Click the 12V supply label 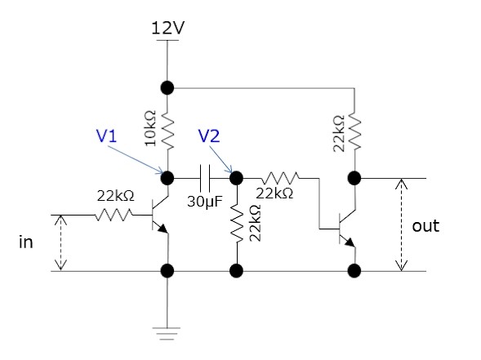point(167,28)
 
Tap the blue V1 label point(106,136)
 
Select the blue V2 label point(209,136)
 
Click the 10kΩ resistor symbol point(167,130)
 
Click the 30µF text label point(205,202)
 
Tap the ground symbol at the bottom point(167,333)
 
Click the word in point(26,242)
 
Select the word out point(425,226)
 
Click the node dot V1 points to point(167,178)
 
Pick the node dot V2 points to point(237,178)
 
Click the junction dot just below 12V point(167,88)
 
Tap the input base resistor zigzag point(114,215)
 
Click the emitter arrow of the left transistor point(163,229)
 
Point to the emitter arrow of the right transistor point(350,242)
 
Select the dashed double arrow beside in point(60,242)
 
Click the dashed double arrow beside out point(401,224)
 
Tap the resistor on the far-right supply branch point(354,132)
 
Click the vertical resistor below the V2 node point(237,223)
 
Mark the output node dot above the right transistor point(354,178)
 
